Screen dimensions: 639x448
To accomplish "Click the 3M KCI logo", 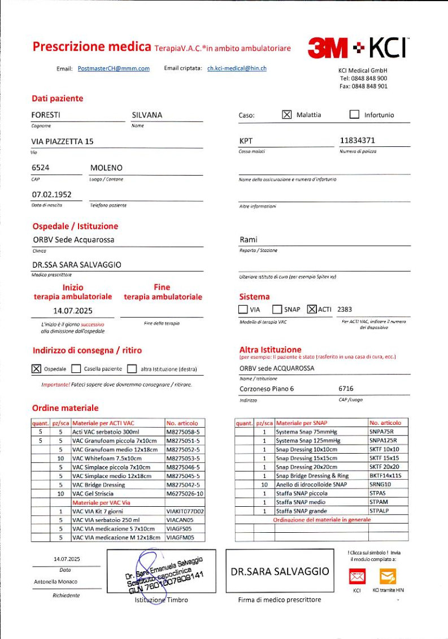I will pos(358,48).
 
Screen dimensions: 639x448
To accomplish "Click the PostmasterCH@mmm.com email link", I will pos(114,68).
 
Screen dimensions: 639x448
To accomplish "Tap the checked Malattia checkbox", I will pos(286,115).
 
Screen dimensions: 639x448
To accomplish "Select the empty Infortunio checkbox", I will pos(354,115).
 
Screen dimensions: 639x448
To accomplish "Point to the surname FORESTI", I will pos(46,115).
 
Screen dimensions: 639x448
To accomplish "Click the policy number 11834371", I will pos(357,141).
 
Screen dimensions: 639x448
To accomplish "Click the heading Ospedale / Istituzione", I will pos(75,226).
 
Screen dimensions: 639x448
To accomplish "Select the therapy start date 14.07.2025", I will pos(73,310).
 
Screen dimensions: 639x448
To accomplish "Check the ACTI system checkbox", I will pos(311,309).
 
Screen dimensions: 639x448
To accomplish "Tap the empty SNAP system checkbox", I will pos(277,309).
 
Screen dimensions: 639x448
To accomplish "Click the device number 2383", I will pos(344,309).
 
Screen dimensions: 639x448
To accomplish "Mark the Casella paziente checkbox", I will pos(76,369).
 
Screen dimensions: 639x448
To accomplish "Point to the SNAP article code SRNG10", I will pos(381,484).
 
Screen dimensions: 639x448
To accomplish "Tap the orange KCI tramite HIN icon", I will pos(388,577).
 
